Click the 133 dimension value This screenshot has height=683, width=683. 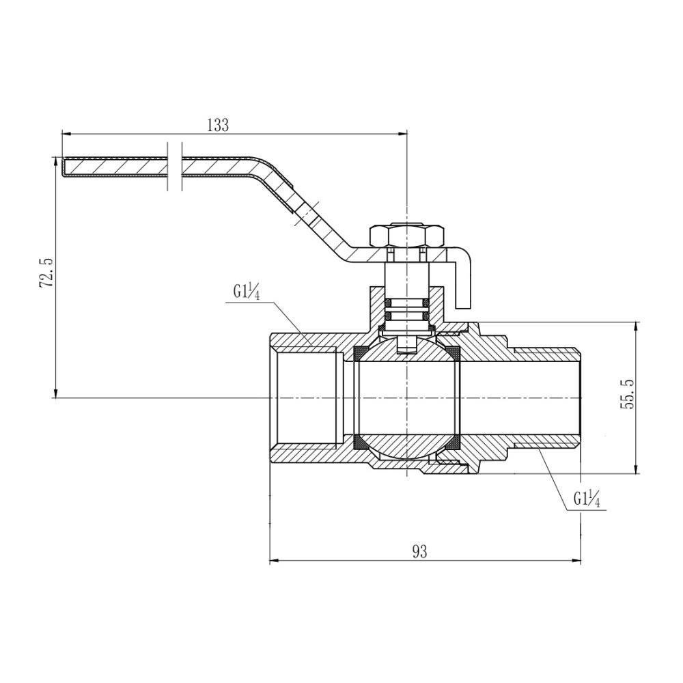point(217,125)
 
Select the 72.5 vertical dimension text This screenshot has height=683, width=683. point(46,273)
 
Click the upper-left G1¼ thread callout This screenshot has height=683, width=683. point(244,293)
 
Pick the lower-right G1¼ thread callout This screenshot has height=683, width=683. point(586,500)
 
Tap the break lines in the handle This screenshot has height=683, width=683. point(173,167)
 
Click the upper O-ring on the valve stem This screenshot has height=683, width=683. point(407,302)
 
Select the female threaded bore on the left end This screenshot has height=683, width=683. point(307,397)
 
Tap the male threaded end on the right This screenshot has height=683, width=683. point(546,397)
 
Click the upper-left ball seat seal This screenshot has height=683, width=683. point(358,353)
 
